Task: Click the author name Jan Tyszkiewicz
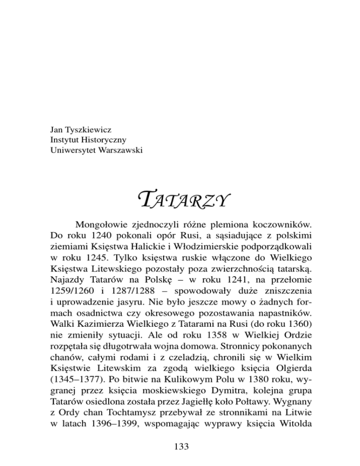tap(79, 128)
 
